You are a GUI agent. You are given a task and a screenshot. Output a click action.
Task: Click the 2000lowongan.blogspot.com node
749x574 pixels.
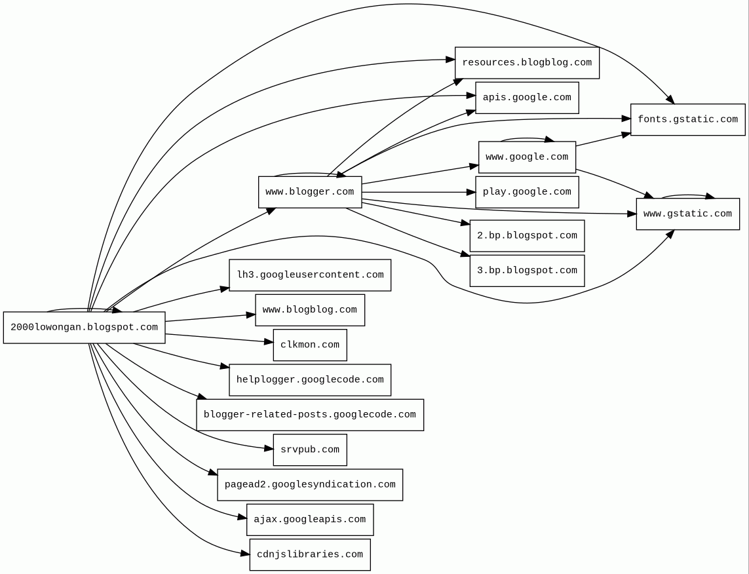coord(84,328)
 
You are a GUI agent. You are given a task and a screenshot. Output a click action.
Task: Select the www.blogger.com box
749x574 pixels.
coord(310,192)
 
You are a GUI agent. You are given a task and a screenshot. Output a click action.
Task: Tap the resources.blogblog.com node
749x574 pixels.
coord(527,63)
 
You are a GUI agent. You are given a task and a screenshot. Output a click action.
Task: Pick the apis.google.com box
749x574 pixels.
coord(527,98)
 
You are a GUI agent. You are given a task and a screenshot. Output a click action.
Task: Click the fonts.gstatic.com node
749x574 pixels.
coord(687,120)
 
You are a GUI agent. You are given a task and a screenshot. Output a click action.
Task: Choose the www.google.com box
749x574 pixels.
coord(527,157)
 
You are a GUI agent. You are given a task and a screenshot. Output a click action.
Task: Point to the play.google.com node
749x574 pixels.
coord(527,192)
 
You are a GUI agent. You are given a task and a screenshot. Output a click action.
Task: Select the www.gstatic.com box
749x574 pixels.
coord(687,214)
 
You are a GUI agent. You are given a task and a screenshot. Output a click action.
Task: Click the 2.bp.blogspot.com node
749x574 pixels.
coord(527,236)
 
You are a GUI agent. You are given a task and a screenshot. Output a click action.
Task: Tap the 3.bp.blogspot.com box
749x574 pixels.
coord(527,271)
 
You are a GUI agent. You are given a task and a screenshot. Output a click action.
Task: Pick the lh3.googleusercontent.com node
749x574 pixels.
coord(310,275)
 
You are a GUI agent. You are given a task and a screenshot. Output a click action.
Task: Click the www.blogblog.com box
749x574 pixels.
coord(310,310)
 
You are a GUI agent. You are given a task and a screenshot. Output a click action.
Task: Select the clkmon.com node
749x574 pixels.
coord(310,345)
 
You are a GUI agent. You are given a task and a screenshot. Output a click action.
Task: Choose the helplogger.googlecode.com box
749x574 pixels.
coord(310,380)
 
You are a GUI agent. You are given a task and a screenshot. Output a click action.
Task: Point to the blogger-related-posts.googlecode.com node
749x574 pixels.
coord(310,415)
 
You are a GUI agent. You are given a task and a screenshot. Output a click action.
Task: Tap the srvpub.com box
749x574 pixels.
coord(310,450)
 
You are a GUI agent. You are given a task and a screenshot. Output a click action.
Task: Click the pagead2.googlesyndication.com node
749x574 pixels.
coord(310,485)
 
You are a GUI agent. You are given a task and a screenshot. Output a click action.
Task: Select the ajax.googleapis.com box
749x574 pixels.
coord(310,520)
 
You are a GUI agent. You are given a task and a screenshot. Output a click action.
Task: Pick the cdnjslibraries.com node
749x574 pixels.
coord(310,554)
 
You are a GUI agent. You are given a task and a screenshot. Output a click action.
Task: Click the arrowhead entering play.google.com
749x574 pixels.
coord(471,192)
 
